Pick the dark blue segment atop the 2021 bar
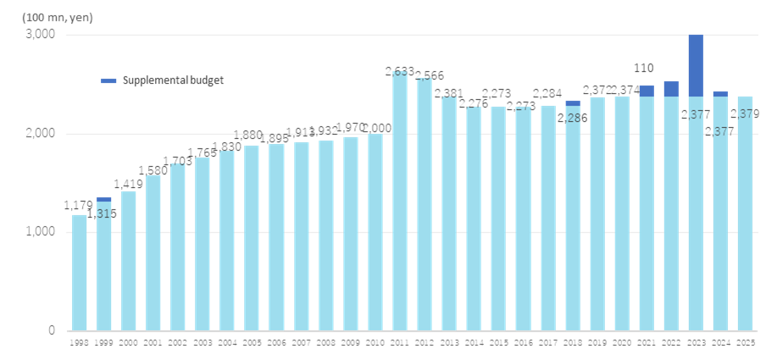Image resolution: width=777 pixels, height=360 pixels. [x=647, y=91]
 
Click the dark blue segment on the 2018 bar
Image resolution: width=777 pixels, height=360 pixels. [x=573, y=102]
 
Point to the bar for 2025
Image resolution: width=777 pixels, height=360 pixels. [x=745, y=212]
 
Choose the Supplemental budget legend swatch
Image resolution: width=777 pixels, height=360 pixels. [x=108, y=80]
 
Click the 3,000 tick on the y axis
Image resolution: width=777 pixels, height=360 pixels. [x=40, y=35]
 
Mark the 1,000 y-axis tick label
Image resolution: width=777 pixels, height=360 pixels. [x=40, y=232]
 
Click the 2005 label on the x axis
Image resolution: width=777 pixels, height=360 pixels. [x=252, y=343]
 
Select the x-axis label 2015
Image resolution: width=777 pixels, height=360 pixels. [x=498, y=343]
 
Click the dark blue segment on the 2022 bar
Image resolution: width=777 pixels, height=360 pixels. [x=671, y=89]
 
